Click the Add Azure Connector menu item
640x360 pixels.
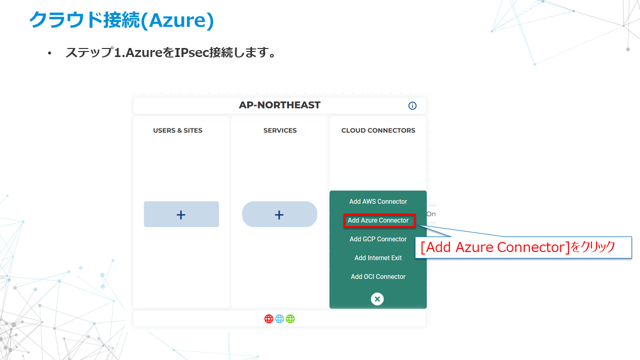(x=378, y=220)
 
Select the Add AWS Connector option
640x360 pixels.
(x=378, y=201)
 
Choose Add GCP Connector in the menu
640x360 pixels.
(x=378, y=239)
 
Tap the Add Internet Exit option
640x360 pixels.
(x=378, y=258)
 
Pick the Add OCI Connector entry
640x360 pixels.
(x=378, y=276)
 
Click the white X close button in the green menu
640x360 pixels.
(x=377, y=299)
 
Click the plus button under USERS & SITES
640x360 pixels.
(x=181, y=214)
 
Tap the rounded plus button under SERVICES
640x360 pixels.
(x=279, y=214)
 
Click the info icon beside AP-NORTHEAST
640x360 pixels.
(x=412, y=105)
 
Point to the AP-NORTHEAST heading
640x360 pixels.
(x=279, y=105)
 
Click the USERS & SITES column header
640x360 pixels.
(x=178, y=130)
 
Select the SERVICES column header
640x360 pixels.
(x=280, y=130)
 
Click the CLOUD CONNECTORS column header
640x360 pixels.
(x=378, y=130)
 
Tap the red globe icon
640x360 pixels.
(x=269, y=318)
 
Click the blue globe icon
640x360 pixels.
(x=279, y=318)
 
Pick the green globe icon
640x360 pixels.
(x=290, y=318)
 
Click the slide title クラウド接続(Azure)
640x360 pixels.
(x=121, y=20)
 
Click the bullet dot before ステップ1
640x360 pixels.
(x=49, y=53)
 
